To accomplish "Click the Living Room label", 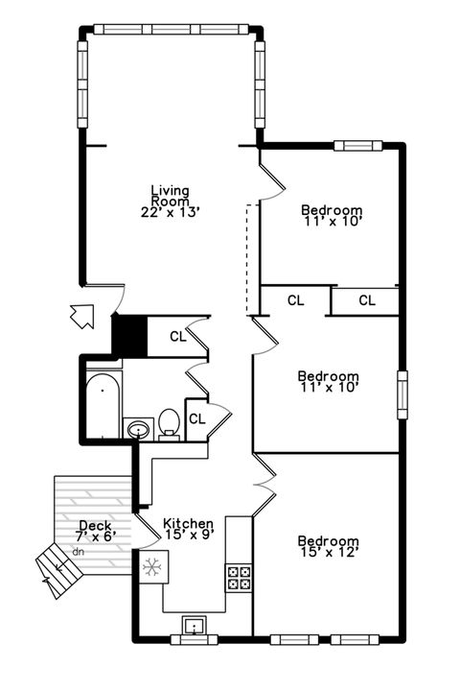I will [x=170, y=196].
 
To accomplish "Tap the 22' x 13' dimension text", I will [x=170, y=212].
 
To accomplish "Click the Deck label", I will [x=96, y=526].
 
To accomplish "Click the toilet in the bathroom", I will [x=170, y=423].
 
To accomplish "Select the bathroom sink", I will [x=137, y=427].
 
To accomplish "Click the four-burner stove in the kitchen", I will [x=239, y=577].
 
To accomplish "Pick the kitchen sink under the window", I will [x=195, y=629].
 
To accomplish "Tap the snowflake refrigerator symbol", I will [x=150, y=567].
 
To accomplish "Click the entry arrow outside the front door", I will [x=83, y=315].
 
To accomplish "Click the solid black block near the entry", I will [x=127, y=335].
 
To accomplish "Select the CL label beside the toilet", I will [x=196, y=418].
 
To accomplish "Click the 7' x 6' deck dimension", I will [x=96, y=536].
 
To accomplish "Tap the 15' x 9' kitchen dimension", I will [x=188, y=535].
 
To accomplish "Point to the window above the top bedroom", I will [x=352, y=146].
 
